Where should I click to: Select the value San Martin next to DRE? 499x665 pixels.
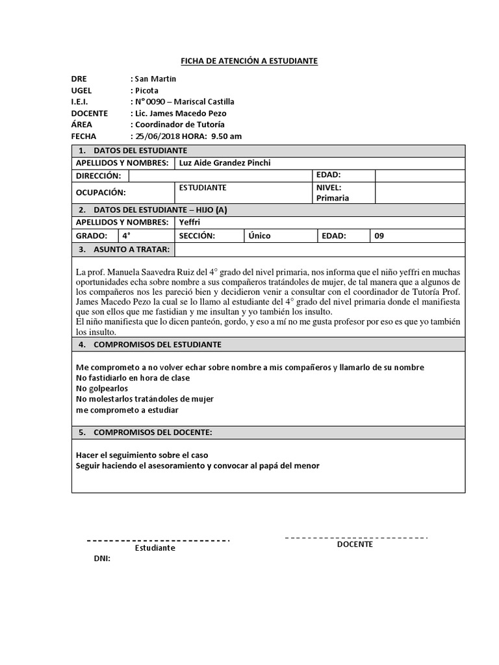[x=155, y=79]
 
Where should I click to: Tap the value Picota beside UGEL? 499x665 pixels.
[x=146, y=90]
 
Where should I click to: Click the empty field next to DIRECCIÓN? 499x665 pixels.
[x=220, y=176]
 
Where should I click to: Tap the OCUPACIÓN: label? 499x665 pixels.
[x=101, y=192]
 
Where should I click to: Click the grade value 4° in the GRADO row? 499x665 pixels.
[x=127, y=236]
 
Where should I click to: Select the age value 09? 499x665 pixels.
[x=379, y=236]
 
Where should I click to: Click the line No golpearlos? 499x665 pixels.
[x=102, y=388]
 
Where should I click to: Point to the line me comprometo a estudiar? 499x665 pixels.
[x=127, y=410]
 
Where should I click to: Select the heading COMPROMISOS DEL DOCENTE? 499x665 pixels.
[x=153, y=433]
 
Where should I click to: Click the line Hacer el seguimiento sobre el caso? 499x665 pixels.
[x=142, y=455]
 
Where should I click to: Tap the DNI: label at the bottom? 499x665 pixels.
[x=103, y=558]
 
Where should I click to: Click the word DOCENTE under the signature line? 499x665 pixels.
[x=355, y=545]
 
